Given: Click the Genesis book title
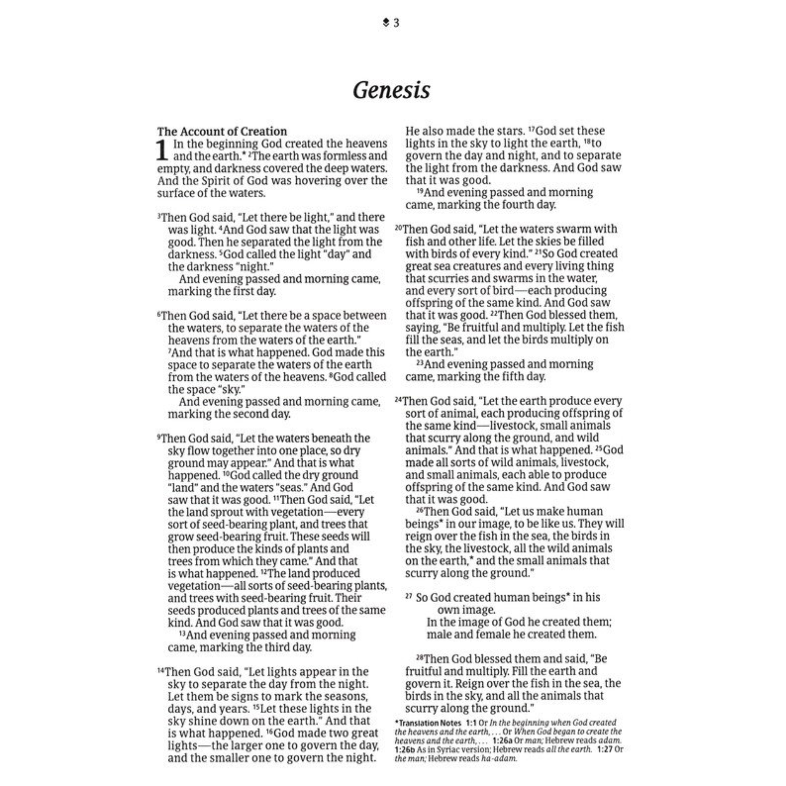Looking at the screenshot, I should click(x=391, y=90).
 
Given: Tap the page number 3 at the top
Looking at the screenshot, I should click(x=396, y=23).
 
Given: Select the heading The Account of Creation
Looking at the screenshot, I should click(x=222, y=131).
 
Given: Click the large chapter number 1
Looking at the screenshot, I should click(x=162, y=150).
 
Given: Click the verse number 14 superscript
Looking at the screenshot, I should click(x=161, y=671).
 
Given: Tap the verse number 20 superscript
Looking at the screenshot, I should click(x=398, y=228).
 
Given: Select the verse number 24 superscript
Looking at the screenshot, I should click(x=398, y=400).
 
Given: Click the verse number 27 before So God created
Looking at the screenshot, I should click(x=408, y=596).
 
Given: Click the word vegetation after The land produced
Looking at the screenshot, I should click(x=194, y=586).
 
